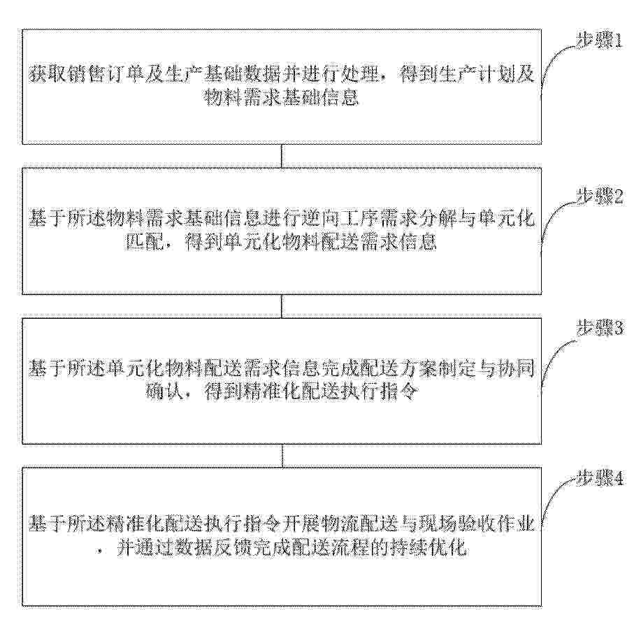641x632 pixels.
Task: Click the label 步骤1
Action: pos(600,41)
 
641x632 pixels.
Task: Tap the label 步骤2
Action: pos(600,197)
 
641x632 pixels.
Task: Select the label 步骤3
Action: pos(600,328)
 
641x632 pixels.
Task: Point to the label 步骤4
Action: pos(600,478)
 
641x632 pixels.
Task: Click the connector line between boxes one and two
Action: pos(282,156)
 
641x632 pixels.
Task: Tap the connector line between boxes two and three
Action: pos(282,306)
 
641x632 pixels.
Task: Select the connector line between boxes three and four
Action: pos(282,456)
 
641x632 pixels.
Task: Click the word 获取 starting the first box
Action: pos(45,76)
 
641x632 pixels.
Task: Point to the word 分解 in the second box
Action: pos(452,220)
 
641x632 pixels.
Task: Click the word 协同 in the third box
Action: pos(519,369)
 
